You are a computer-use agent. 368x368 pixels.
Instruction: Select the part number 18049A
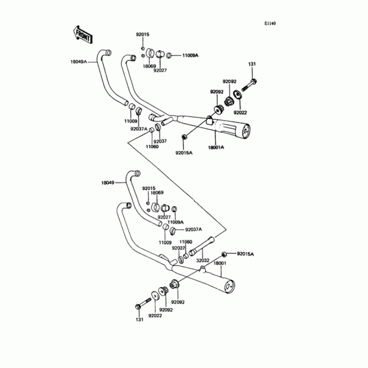[x=79, y=61]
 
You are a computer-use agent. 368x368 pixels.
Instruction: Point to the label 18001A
[x=215, y=148]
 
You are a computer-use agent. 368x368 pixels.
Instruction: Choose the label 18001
[x=221, y=263]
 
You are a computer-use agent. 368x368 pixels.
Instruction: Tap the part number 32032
[x=203, y=261]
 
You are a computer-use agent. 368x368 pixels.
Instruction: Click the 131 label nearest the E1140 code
[x=252, y=63]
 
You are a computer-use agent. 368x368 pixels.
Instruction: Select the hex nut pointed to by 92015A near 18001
[x=224, y=254]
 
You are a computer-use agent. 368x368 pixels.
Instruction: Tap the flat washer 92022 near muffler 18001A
[x=239, y=95]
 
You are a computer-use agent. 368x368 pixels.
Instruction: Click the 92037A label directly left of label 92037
[x=138, y=129]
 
